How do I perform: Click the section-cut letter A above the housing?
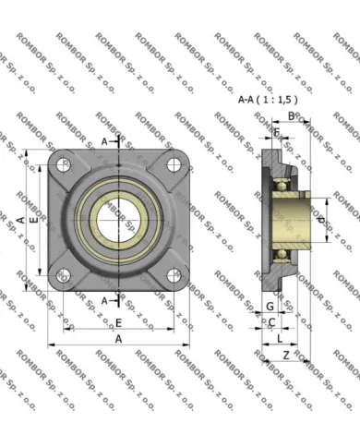(103, 140)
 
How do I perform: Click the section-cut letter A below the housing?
(103, 300)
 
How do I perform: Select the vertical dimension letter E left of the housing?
(33, 221)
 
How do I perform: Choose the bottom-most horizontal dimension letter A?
(118, 339)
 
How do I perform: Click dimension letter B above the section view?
(291, 116)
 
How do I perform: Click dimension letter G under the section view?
(269, 305)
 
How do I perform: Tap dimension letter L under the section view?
(280, 339)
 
